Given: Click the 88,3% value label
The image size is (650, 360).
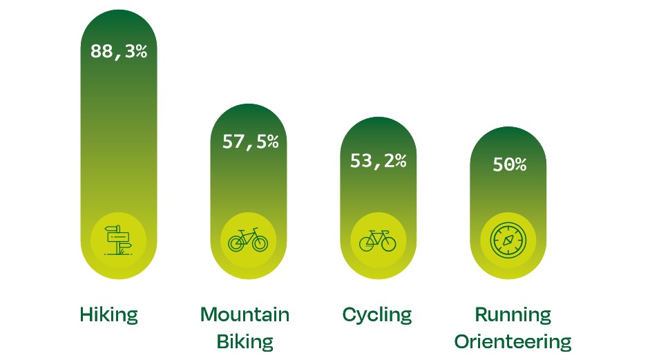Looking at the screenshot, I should [119, 51].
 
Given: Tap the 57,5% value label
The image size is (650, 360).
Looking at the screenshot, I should [250, 142].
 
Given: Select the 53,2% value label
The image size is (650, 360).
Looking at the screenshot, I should [378, 161].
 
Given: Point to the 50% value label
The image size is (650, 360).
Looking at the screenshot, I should [509, 165].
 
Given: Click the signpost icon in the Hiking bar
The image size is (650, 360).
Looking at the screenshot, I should [118, 240].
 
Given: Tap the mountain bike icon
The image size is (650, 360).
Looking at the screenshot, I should [248, 240].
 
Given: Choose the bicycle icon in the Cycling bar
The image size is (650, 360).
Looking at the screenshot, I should [378, 240].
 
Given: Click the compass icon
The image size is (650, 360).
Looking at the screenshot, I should [508, 240].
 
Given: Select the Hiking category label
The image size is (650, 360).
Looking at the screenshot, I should [109, 316].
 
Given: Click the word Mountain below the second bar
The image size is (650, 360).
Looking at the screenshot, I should [245, 315].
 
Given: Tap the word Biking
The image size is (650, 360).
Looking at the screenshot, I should [245, 341].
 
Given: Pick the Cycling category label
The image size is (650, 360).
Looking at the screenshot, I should [377, 316].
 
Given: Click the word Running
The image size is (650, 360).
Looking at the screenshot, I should [513, 315].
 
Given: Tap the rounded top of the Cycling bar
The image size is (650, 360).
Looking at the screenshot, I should [378, 130].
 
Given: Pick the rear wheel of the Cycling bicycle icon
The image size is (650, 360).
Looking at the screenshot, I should [367, 244].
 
